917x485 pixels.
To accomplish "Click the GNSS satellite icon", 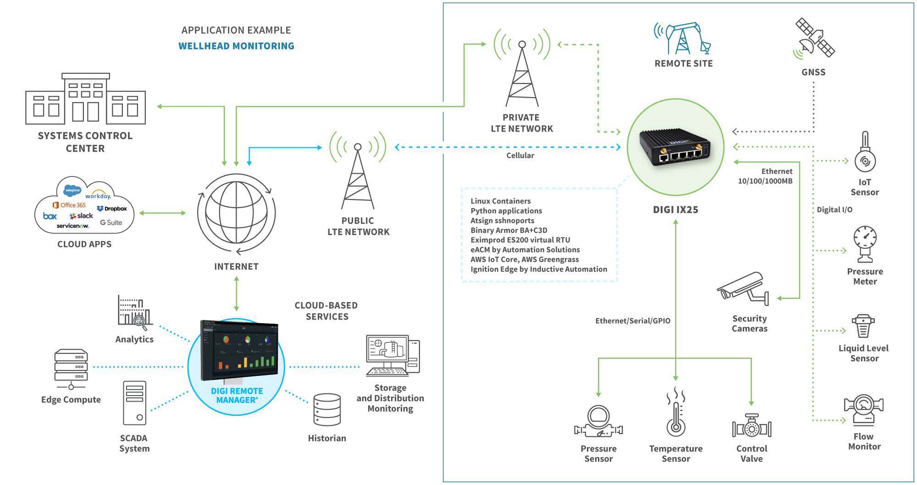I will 815,39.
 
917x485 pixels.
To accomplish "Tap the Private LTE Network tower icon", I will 522,73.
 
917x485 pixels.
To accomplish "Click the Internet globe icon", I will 237,213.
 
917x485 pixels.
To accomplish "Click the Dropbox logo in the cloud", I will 112,209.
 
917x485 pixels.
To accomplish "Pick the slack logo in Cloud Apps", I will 81,216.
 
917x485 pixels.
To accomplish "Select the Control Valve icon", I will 751,427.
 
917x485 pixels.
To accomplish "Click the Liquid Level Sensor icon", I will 863,326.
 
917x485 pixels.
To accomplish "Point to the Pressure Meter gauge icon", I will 865,243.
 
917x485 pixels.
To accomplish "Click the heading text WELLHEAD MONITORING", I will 236,46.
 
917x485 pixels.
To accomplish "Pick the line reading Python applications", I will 506,211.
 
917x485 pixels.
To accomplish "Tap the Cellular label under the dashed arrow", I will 520,155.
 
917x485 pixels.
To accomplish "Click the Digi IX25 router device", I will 675,147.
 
